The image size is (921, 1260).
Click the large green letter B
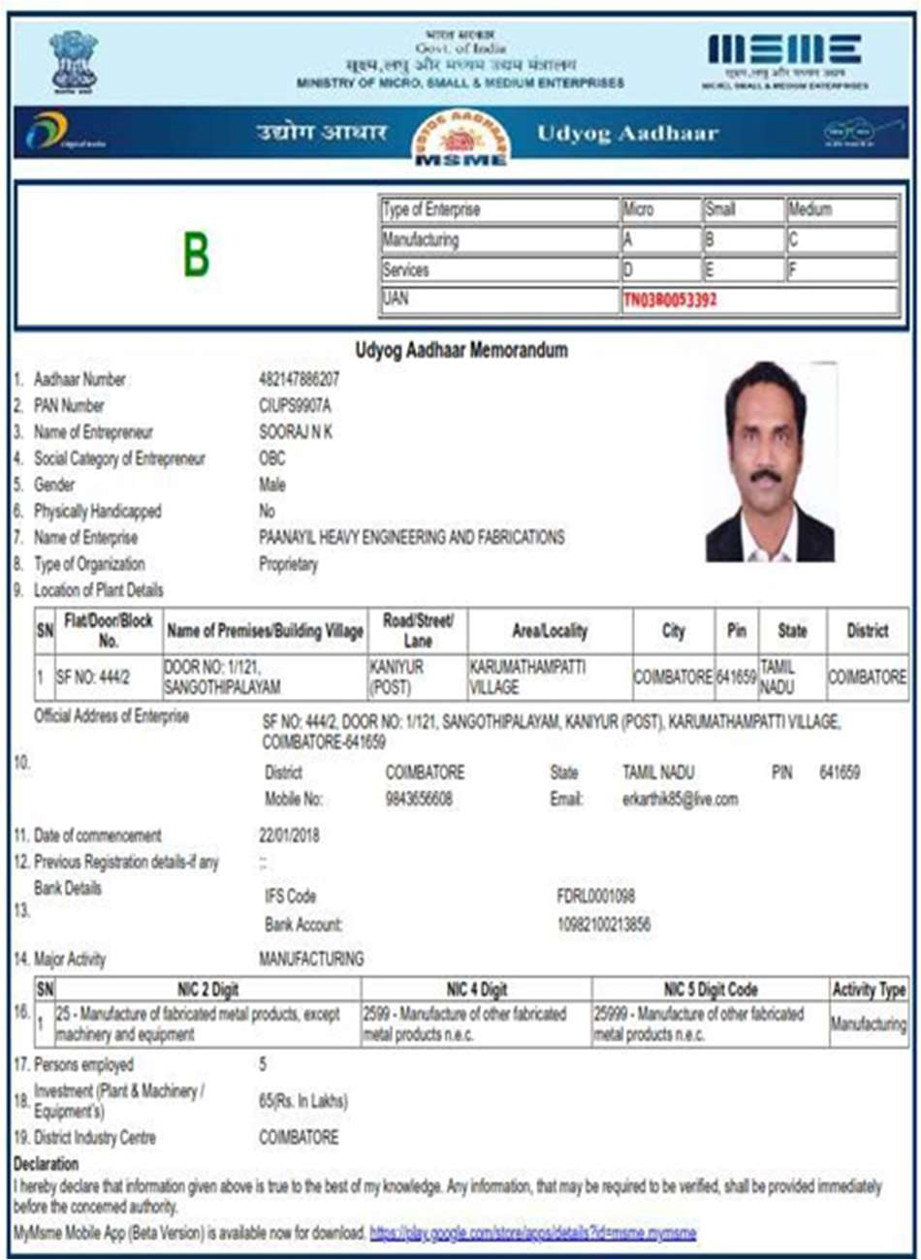point(197,256)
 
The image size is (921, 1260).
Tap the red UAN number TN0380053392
point(670,300)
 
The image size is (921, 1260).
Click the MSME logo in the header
point(783,50)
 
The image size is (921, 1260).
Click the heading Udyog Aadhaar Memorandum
point(461,350)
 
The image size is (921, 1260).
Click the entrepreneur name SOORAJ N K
point(296,432)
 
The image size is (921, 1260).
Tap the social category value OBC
point(272,458)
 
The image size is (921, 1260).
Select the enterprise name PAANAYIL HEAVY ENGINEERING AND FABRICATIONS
point(411,537)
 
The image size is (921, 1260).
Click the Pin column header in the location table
point(737,631)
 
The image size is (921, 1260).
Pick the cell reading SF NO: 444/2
point(92,677)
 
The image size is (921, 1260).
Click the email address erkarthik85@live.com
point(680,800)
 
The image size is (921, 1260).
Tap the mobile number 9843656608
point(419,800)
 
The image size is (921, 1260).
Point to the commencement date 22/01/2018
point(289,835)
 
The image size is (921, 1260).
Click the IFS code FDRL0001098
point(595,897)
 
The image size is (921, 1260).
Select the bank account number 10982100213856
point(603,925)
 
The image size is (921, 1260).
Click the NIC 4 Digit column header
point(476,990)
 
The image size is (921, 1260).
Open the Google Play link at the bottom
point(532,1233)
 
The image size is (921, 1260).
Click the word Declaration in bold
point(46,1164)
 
